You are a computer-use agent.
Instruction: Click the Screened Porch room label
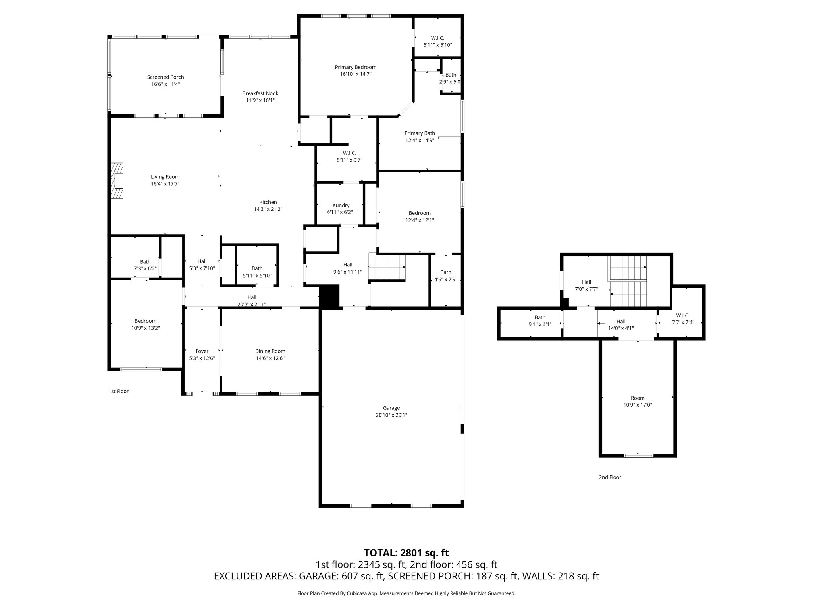click(x=166, y=77)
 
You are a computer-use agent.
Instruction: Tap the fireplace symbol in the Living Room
click(x=117, y=181)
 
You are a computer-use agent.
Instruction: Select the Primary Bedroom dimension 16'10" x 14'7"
click(x=355, y=74)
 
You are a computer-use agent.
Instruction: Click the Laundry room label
click(x=339, y=205)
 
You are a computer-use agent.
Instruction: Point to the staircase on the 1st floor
click(x=387, y=267)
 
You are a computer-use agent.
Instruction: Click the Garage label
click(x=391, y=408)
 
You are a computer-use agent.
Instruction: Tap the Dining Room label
click(x=270, y=351)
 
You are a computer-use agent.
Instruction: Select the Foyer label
click(x=202, y=351)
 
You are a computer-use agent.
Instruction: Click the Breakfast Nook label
click(x=260, y=93)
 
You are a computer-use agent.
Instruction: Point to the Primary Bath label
click(x=420, y=133)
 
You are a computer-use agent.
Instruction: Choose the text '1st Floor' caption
click(x=118, y=391)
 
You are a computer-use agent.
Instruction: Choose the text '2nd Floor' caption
click(x=610, y=477)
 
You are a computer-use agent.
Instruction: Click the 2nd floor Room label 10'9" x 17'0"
click(x=638, y=398)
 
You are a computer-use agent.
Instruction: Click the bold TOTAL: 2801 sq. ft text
click(x=406, y=553)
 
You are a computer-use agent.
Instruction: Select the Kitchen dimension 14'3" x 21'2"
click(x=268, y=209)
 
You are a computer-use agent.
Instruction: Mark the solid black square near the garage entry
click(x=329, y=296)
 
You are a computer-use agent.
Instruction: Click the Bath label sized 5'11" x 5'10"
click(x=257, y=268)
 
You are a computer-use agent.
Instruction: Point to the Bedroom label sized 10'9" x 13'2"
click(x=145, y=321)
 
